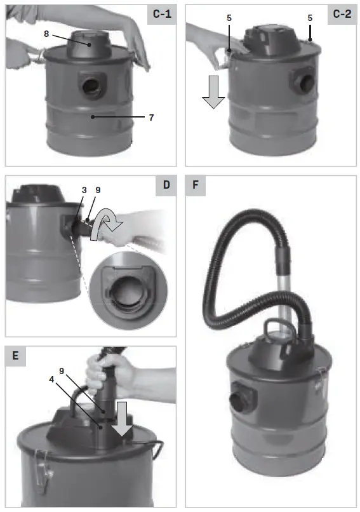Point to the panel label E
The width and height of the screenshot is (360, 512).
click(x=15, y=356)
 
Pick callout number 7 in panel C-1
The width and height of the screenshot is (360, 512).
click(x=151, y=118)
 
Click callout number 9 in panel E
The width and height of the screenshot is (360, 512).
click(x=61, y=370)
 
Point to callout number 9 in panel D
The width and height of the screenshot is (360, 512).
click(x=98, y=189)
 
